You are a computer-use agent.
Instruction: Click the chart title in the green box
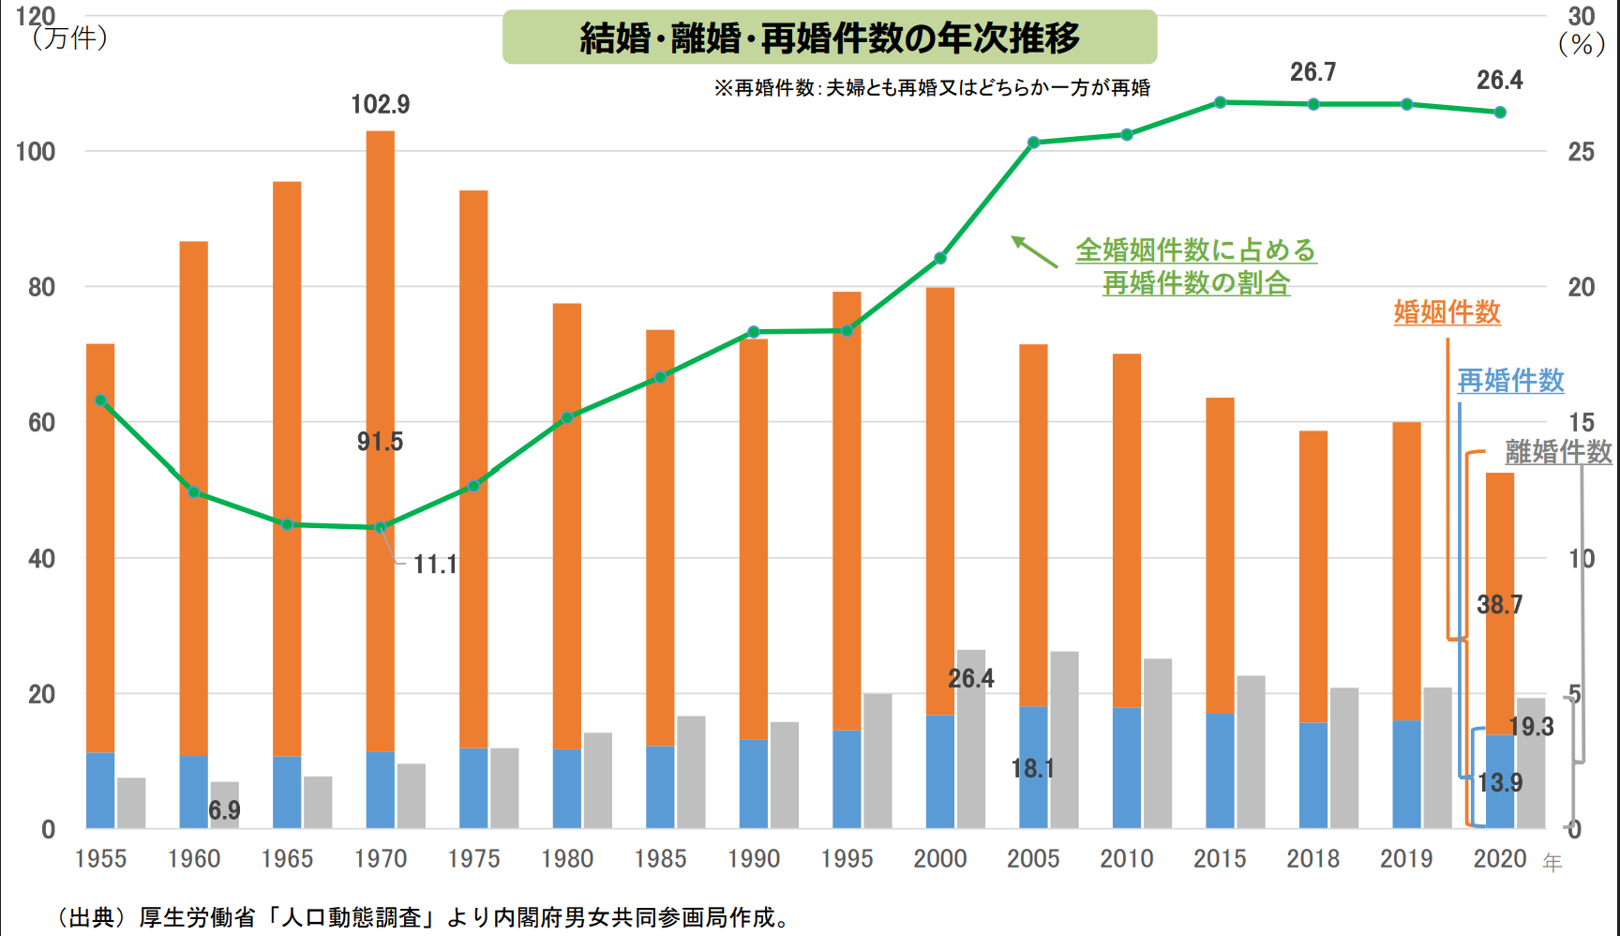[830, 38]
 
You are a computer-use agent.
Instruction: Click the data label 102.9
[380, 104]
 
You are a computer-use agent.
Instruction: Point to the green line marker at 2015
[1220, 102]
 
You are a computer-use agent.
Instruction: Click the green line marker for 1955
[101, 400]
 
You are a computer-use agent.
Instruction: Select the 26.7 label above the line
[1312, 72]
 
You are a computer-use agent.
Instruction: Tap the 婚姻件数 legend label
[1447, 312]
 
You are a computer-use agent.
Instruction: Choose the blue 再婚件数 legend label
[1510, 381]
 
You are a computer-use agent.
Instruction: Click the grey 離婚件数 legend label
[1558, 452]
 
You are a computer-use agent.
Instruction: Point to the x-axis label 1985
[660, 858]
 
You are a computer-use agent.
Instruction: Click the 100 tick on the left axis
[36, 151]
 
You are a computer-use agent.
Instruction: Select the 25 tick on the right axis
[1581, 152]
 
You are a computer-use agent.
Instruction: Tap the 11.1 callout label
[435, 565]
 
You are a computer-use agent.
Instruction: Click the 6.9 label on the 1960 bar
[224, 810]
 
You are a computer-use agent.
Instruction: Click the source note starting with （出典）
[422, 917]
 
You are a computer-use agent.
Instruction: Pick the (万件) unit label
[70, 39]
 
